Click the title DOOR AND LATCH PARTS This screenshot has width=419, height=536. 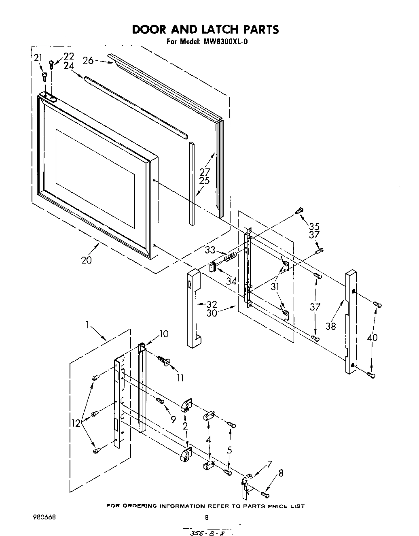coord(205,30)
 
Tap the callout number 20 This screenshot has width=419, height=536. coord(87,260)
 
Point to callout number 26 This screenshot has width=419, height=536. coord(88,61)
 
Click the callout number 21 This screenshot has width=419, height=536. coord(38,58)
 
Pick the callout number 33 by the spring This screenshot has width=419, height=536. coord(210,250)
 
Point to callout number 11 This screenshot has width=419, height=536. coord(180,378)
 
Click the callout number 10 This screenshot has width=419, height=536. coord(164,334)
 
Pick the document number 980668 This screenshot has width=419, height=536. coord(44,517)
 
